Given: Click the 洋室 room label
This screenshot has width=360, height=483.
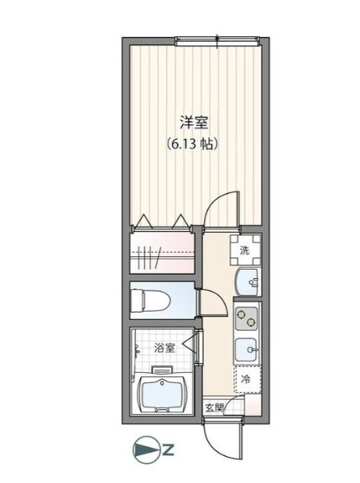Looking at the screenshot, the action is pyautogui.click(x=194, y=123).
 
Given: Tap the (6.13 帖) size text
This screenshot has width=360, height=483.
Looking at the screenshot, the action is pyautogui.click(x=193, y=144).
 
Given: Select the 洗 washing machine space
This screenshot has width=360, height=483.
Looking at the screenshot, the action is pyautogui.click(x=245, y=250).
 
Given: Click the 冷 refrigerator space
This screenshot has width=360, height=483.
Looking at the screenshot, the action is pyautogui.click(x=247, y=379).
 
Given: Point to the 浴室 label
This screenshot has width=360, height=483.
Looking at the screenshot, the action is pyautogui.click(x=164, y=348).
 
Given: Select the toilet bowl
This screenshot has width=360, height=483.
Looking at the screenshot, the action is pyautogui.click(x=150, y=301).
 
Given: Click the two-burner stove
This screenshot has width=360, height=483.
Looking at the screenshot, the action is pyautogui.click(x=247, y=318).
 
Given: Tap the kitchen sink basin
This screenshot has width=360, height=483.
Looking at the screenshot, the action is pyautogui.click(x=246, y=349).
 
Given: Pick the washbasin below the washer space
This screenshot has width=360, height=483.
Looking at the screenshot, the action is pyautogui.click(x=248, y=282).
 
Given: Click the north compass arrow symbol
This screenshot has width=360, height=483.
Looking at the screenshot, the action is pyautogui.click(x=147, y=450).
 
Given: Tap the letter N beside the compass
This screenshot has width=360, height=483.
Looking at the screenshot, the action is pyautogui.click(x=169, y=450).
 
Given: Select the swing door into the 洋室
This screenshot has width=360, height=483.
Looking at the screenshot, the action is pyautogui.click(x=222, y=210).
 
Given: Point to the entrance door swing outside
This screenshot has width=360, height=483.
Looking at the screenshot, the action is pyautogui.click(x=223, y=438).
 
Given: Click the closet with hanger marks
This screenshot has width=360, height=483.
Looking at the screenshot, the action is pyautogui.click(x=162, y=253).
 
